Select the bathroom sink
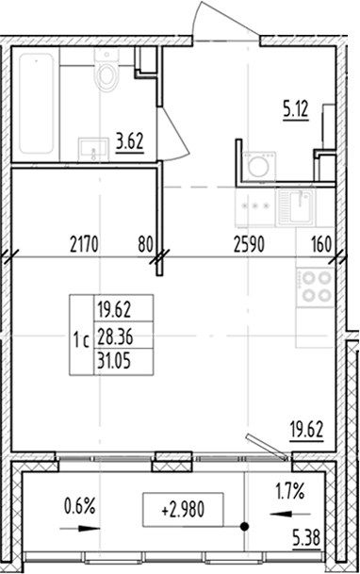(x=93, y=148)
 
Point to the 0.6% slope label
(x=81, y=506)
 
